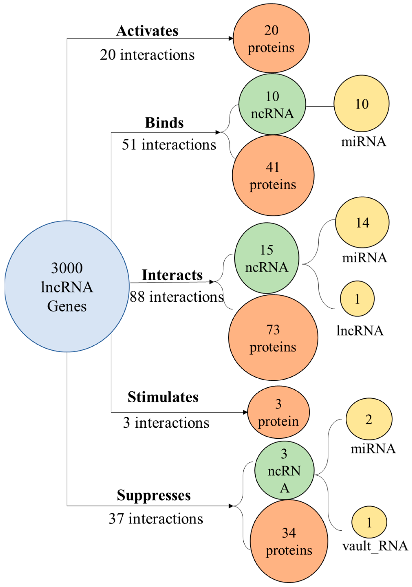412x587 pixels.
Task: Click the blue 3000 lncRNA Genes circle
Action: [67, 286]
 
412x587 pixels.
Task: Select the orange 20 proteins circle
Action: [271, 38]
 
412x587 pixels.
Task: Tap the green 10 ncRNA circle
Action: [272, 104]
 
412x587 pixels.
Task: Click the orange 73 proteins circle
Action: [273, 337]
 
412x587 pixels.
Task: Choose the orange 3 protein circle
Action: [278, 412]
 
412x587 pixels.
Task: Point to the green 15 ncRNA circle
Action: [266, 258]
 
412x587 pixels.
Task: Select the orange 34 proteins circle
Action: [289, 541]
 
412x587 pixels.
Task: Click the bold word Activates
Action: [147, 31]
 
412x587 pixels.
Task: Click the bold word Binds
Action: [164, 123]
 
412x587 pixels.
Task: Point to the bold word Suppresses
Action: [154, 495]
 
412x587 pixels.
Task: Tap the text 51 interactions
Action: [169, 145]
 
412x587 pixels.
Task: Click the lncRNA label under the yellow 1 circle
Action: [360, 331]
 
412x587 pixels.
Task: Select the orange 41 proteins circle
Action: [273, 175]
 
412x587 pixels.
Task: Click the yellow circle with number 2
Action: [369, 419]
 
